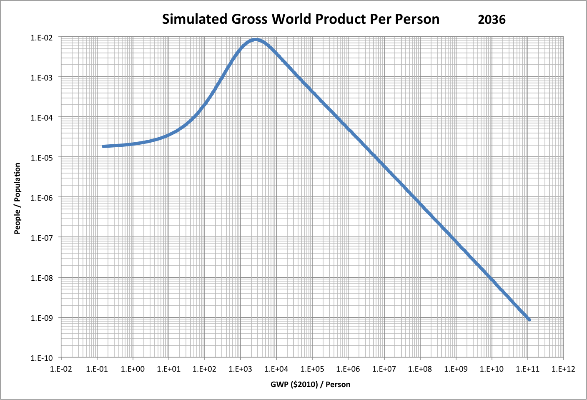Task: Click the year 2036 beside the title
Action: point(492,20)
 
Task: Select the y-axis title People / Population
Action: point(18,199)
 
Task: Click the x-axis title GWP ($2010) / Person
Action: point(310,384)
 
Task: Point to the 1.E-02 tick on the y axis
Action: point(42,38)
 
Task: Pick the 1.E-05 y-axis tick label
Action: point(42,158)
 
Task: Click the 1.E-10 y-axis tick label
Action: point(42,358)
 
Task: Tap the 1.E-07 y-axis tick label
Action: point(42,238)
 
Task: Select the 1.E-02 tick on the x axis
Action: point(61,369)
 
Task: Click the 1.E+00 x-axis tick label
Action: point(133,369)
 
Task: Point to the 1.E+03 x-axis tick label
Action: point(241,369)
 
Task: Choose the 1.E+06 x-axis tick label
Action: point(348,369)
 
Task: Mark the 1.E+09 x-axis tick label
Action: point(456,369)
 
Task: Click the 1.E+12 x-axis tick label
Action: point(563,369)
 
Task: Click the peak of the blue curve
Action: point(256,40)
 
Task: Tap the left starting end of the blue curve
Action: point(103,146)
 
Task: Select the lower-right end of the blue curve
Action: point(529,319)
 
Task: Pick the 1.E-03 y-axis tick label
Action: point(42,78)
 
